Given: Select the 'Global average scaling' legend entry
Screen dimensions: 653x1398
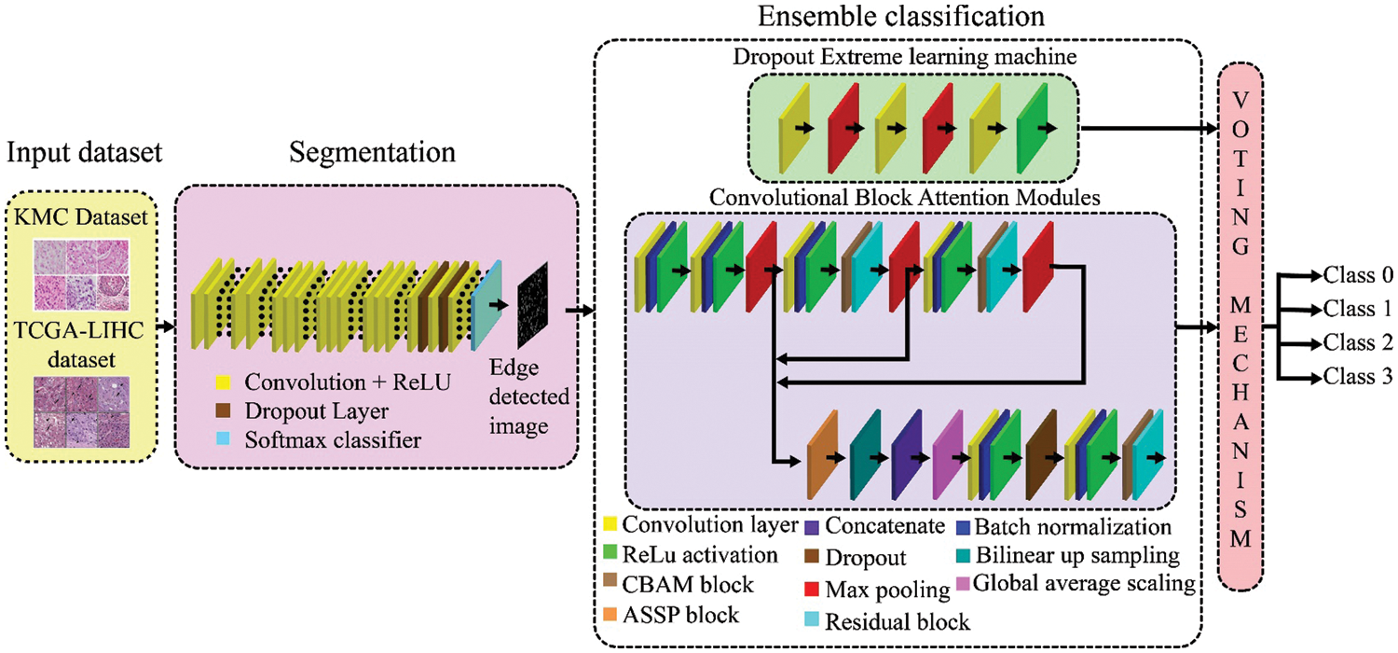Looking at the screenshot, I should coord(1070,586).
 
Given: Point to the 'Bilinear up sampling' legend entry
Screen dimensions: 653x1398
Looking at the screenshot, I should coord(1069,556).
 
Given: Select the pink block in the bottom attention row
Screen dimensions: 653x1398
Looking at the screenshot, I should coord(948,457).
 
